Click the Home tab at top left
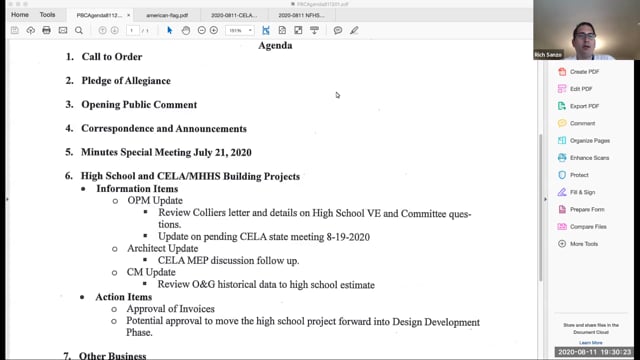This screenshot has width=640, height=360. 20,15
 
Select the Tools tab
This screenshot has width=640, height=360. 48,15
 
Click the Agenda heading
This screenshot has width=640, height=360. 276,45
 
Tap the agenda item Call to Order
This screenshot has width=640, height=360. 111,57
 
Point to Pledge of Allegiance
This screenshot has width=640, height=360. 125,81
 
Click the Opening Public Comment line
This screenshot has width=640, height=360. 138,105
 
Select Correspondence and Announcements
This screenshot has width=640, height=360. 163,129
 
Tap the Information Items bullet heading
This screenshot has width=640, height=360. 137,189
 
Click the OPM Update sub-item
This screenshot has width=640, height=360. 154,201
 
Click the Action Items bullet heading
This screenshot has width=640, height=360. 124,297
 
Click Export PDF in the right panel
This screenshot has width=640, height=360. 584,106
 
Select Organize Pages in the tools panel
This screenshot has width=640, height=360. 589,141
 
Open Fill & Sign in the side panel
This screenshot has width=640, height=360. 583,192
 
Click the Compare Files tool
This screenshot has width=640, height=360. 589,226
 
